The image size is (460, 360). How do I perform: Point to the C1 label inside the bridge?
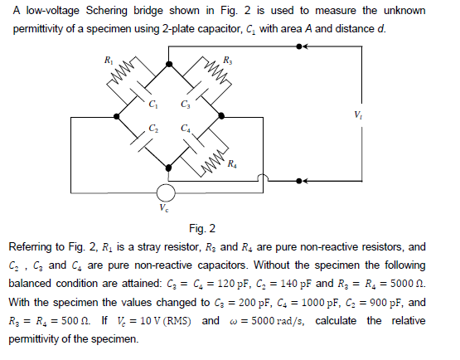(152, 105)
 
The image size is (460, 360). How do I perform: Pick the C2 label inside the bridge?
(152, 128)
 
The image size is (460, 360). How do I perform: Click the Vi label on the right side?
(358, 114)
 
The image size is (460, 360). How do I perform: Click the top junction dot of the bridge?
(169, 62)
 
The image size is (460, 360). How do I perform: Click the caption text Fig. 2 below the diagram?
(202, 228)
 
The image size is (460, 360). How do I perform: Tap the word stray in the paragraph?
(151, 246)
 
